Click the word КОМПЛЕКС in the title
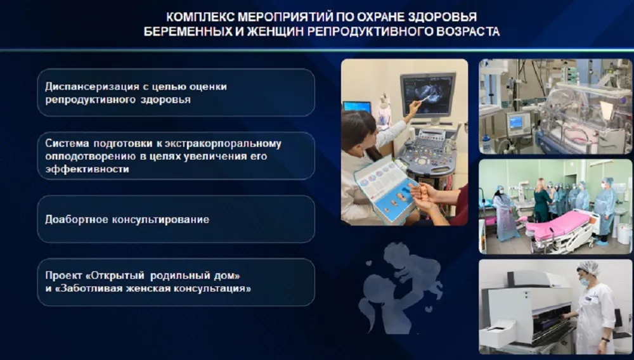click(x=200, y=17)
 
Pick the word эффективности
click(x=87, y=169)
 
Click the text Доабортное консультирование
click(x=127, y=219)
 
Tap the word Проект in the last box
click(x=63, y=276)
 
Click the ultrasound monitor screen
click(x=427, y=94)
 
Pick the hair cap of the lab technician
click(x=588, y=267)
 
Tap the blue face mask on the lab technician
click(x=585, y=281)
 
